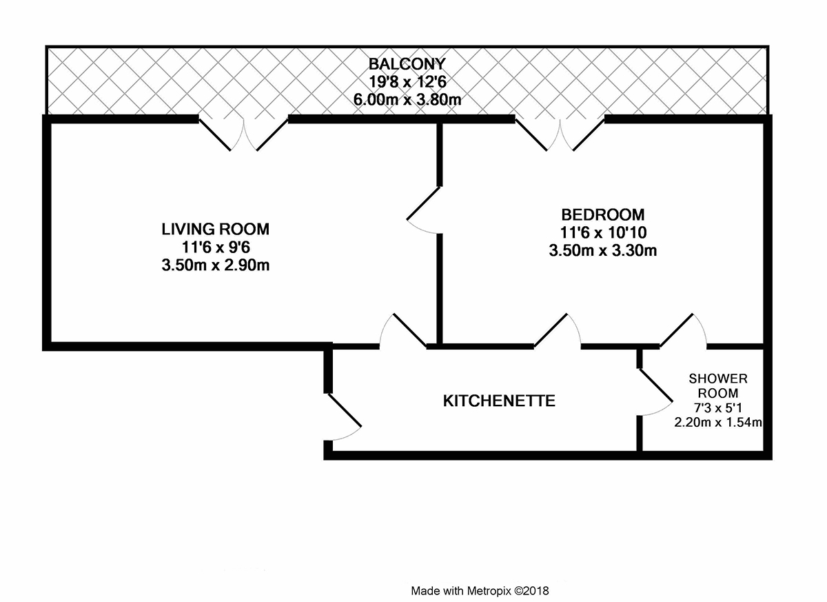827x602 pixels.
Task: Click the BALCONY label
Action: click(x=407, y=64)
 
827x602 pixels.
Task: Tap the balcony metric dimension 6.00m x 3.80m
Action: click(x=407, y=100)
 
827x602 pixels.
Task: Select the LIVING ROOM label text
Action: click(x=215, y=230)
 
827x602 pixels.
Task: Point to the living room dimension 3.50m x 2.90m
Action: click(x=215, y=265)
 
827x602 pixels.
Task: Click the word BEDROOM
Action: click(x=603, y=214)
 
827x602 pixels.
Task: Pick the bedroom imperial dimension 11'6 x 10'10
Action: click(x=603, y=232)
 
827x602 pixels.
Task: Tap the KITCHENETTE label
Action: click(x=499, y=401)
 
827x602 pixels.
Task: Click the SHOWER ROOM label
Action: click(x=718, y=385)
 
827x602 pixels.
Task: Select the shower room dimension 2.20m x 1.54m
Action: click(x=718, y=422)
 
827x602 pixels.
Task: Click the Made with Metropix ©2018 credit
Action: click(x=480, y=591)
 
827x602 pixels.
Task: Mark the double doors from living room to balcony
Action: click(x=244, y=134)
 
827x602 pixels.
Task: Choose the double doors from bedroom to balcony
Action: click(x=560, y=134)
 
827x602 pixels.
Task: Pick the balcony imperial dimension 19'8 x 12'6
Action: click(x=407, y=82)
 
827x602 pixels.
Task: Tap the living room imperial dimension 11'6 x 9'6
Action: click(x=216, y=247)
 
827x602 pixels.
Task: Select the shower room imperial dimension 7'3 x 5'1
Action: click(x=718, y=408)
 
